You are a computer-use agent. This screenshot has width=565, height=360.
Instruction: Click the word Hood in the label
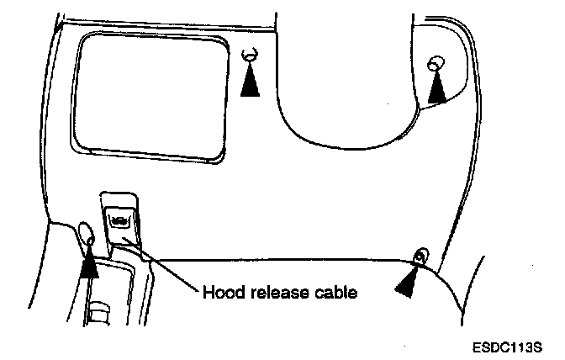point(220,294)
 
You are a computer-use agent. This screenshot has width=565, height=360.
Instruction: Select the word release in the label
point(269,294)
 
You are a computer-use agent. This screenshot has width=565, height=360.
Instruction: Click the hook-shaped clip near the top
point(250,55)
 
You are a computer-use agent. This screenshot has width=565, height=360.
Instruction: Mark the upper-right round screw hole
point(436,64)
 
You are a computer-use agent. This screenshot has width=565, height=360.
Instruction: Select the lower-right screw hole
point(420,256)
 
